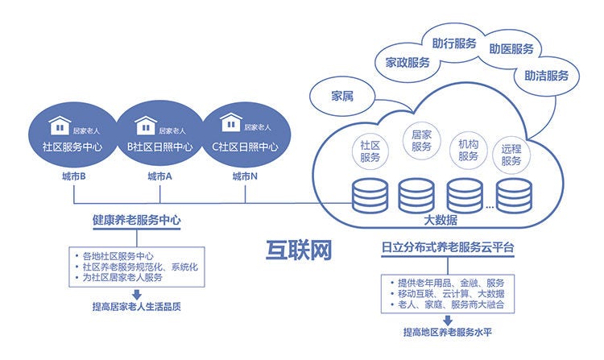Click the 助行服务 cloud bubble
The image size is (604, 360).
453,43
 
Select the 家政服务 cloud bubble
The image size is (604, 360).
407,62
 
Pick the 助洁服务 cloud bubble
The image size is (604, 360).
546,76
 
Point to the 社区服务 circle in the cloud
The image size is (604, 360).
370,151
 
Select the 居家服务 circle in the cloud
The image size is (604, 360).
421,141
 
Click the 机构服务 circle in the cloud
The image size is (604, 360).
468,150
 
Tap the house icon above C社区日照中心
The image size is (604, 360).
231,124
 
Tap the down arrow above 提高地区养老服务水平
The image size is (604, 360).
447,320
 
